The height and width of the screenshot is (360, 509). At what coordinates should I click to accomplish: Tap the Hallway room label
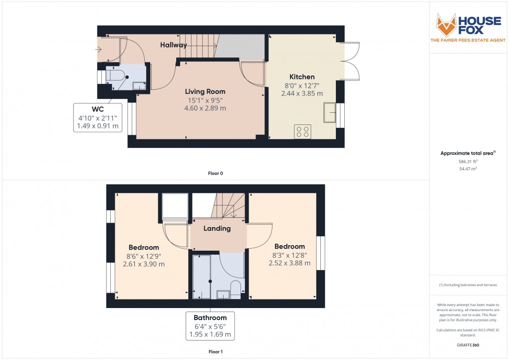click(x=173, y=45)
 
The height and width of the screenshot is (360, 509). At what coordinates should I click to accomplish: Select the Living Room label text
click(x=205, y=91)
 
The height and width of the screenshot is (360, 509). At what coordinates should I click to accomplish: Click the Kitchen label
click(x=302, y=77)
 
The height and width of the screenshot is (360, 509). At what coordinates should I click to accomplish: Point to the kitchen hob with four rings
click(x=302, y=131)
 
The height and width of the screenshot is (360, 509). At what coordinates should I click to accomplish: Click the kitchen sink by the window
click(x=329, y=112)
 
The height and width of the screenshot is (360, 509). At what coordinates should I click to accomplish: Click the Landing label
click(x=218, y=229)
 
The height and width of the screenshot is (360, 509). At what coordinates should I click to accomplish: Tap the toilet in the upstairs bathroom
click(x=236, y=287)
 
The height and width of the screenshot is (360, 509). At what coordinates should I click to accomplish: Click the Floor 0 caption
click(x=216, y=174)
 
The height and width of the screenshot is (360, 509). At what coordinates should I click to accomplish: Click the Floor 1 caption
click(x=216, y=352)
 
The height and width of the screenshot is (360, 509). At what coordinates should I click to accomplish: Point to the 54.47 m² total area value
click(x=469, y=169)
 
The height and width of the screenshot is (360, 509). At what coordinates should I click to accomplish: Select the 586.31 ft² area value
click(x=469, y=162)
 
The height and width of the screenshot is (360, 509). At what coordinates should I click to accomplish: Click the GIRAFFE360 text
click(x=469, y=345)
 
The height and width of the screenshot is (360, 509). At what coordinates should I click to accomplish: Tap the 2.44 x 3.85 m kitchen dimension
click(x=302, y=93)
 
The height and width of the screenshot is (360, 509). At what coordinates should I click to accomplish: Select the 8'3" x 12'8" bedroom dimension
click(x=289, y=255)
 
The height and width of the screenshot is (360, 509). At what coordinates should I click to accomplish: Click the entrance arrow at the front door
click(x=99, y=49)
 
